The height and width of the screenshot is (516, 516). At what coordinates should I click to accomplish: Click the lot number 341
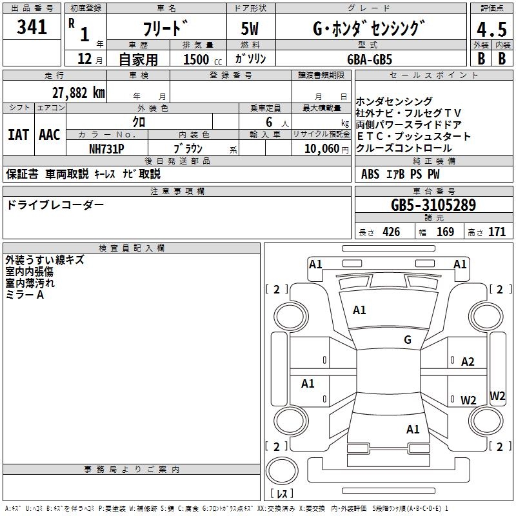click(32, 28)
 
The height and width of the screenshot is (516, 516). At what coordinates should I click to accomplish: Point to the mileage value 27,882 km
click(78, 93)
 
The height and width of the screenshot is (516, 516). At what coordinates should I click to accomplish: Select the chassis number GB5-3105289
click(433, 205)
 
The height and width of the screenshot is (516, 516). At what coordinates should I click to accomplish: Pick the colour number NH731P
click(106, 148)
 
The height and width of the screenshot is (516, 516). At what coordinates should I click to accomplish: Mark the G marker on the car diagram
click(407, 340)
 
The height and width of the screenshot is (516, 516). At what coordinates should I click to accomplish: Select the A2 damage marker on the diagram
click(468, 362)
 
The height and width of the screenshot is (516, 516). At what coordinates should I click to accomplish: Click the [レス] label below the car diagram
click(282, 495)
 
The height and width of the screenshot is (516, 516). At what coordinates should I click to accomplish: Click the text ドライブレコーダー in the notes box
click(55, 205)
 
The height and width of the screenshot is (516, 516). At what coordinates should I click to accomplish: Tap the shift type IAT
click(18, 135)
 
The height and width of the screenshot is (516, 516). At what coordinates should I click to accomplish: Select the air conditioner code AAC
click(50, 135)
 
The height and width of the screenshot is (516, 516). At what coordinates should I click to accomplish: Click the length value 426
click(390, 232)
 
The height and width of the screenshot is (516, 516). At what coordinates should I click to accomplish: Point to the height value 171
click(497, 232)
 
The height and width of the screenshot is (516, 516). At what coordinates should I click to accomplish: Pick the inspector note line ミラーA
click(25, 295)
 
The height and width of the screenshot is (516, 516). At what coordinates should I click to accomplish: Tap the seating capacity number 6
click(268, 121)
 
